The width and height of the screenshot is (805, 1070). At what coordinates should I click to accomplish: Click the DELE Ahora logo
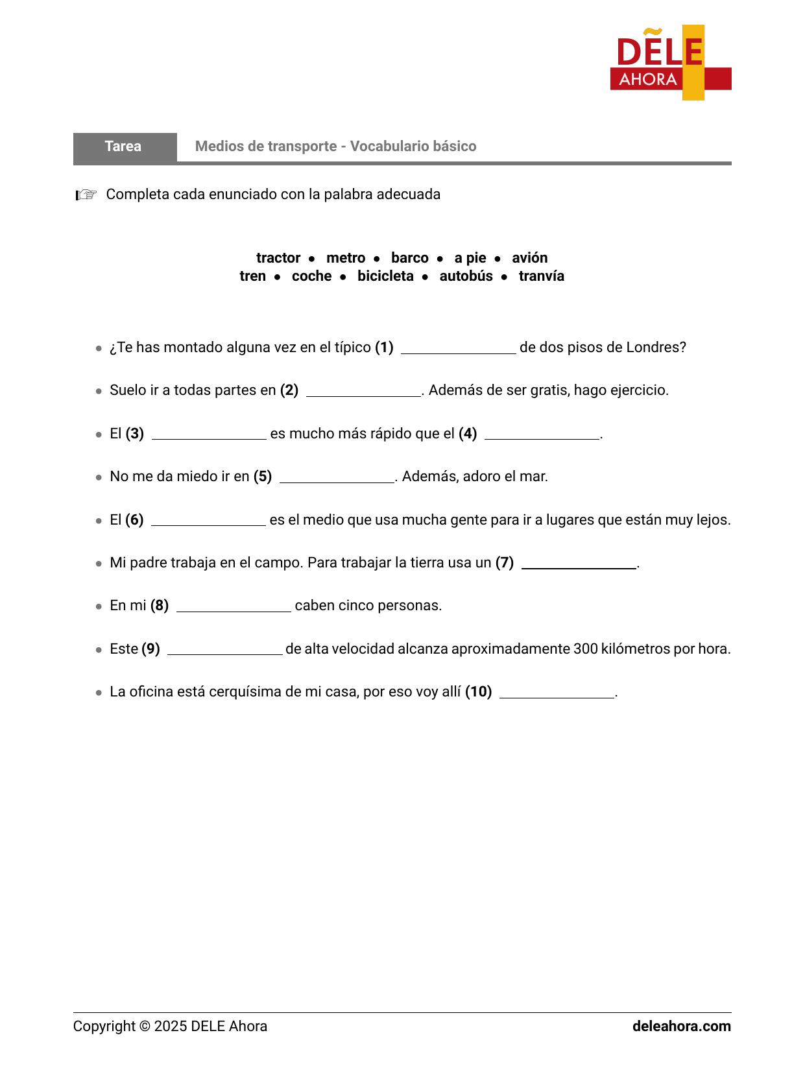[670, 63]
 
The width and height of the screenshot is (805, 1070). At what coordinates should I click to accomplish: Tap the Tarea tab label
[123, 147]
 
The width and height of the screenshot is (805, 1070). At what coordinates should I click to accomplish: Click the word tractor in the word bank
[278, 258]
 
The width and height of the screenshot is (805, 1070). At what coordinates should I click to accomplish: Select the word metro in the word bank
[346, 258]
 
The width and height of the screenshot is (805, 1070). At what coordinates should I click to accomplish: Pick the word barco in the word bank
[409, 258]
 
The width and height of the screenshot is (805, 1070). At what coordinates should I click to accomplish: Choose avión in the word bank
[529, 258]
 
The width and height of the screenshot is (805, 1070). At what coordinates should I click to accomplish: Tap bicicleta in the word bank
[385, 276]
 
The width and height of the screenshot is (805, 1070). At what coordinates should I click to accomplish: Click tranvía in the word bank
[541, 276]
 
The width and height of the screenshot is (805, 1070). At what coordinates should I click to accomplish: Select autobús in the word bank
[466, 276]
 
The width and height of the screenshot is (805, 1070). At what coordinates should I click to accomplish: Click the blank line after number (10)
[557, 695]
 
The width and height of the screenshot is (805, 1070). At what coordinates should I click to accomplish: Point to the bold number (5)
[263, 477]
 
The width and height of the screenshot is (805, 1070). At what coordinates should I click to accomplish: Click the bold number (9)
[150, 649]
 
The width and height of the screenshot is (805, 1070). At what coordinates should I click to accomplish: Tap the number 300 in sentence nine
[585, 649]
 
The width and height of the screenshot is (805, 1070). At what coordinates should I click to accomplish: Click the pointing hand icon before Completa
[86, 195]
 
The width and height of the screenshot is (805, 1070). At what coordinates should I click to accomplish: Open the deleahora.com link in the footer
[681, 1027]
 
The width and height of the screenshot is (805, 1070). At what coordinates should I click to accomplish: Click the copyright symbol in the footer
[144, 1027]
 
